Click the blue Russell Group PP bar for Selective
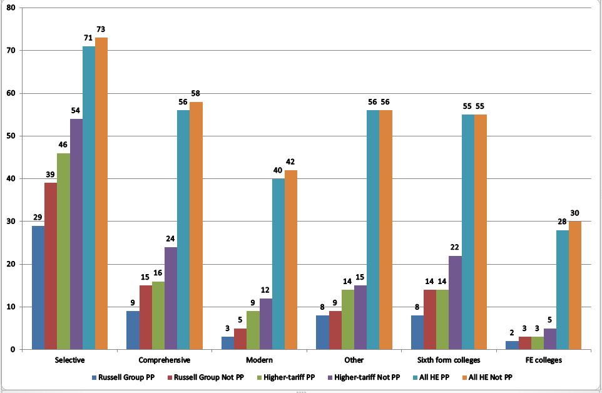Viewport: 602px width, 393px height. click(x=38, y=287)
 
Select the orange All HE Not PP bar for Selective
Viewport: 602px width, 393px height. click(x=101, y=193)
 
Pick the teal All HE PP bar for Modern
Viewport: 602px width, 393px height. click(x=278, y=263)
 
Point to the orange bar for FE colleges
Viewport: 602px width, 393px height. click(x=575, y=285)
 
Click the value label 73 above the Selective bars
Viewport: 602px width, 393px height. click(x=101, y=30)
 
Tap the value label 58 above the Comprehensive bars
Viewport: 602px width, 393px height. click(x=196, y=94)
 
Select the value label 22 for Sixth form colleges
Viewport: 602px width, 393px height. click(x=455, y=248)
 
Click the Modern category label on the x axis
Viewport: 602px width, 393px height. click(x=259, y=360)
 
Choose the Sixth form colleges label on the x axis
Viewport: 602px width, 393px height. click(x=449, y=360)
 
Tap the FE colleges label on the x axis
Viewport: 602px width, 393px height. click(x=543, y=360)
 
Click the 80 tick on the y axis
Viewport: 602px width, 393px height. click(x=11, y=8)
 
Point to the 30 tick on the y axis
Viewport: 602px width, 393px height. click(x=11, y=222)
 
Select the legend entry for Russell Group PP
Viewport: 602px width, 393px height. click(x=120, y=377)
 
